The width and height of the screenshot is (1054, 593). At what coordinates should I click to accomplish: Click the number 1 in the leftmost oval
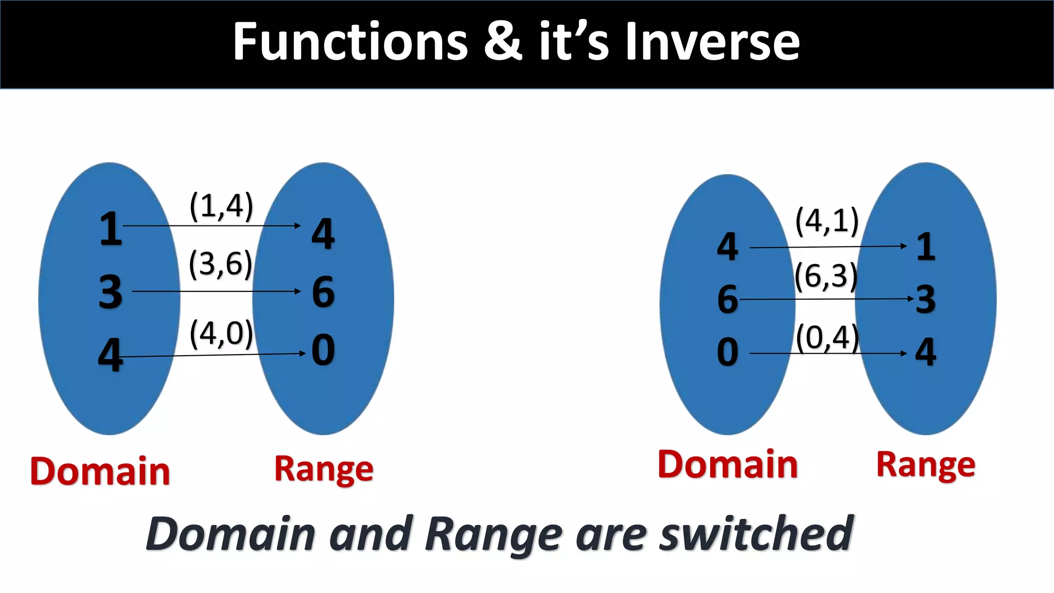(111, 229)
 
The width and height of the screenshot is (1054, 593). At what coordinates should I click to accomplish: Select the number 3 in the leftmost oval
(111, 292)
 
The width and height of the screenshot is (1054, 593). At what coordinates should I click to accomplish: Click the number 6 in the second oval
(323, 292)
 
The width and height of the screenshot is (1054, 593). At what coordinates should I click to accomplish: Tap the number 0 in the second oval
(323, 350)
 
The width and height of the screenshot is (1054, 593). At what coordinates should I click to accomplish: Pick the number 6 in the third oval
(727, 299)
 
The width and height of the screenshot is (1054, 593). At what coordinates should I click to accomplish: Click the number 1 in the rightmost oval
(925, 247)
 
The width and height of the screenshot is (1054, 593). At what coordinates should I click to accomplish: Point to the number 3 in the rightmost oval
(925, 299)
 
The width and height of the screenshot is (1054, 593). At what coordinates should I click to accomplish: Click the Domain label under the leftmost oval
(100, 472)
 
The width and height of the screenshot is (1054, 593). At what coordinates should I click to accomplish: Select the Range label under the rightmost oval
(925, 465)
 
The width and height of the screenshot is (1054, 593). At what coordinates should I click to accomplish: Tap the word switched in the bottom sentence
(757, 534)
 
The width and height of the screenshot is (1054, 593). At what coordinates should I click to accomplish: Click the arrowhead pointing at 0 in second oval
(303, 353)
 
